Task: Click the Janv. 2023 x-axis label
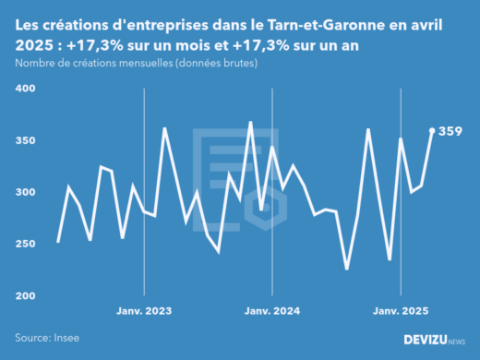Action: click(144, 311)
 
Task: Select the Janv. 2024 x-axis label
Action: click(272, 311)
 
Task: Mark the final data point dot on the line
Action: click(432, 130)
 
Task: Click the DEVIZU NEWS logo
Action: click(435, 340)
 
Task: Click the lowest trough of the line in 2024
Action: click(347, 269)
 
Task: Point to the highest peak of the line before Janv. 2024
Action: click(250, 122)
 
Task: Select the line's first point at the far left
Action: click(58, 242)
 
